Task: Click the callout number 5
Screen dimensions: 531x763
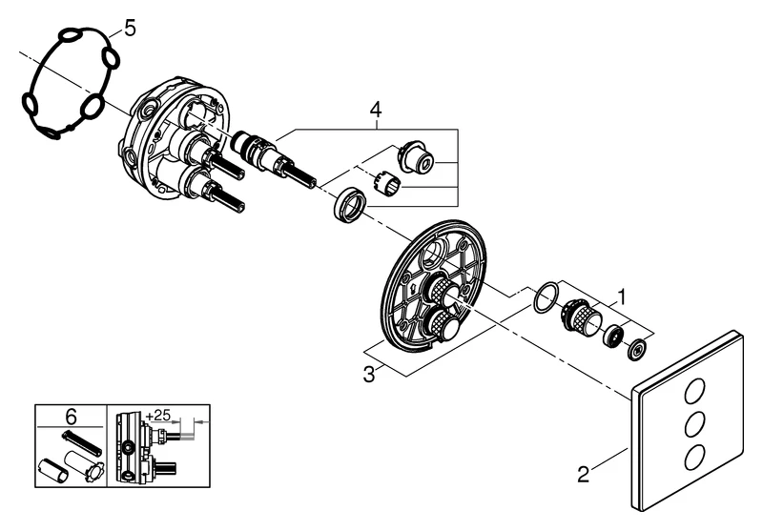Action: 129,28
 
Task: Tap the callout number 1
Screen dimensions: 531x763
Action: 621,296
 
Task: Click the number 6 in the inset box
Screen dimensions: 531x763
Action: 70,416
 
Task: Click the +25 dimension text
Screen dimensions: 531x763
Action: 159,417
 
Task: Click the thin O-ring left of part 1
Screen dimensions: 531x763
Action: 543,296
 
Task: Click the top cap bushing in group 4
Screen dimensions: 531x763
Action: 416,154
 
